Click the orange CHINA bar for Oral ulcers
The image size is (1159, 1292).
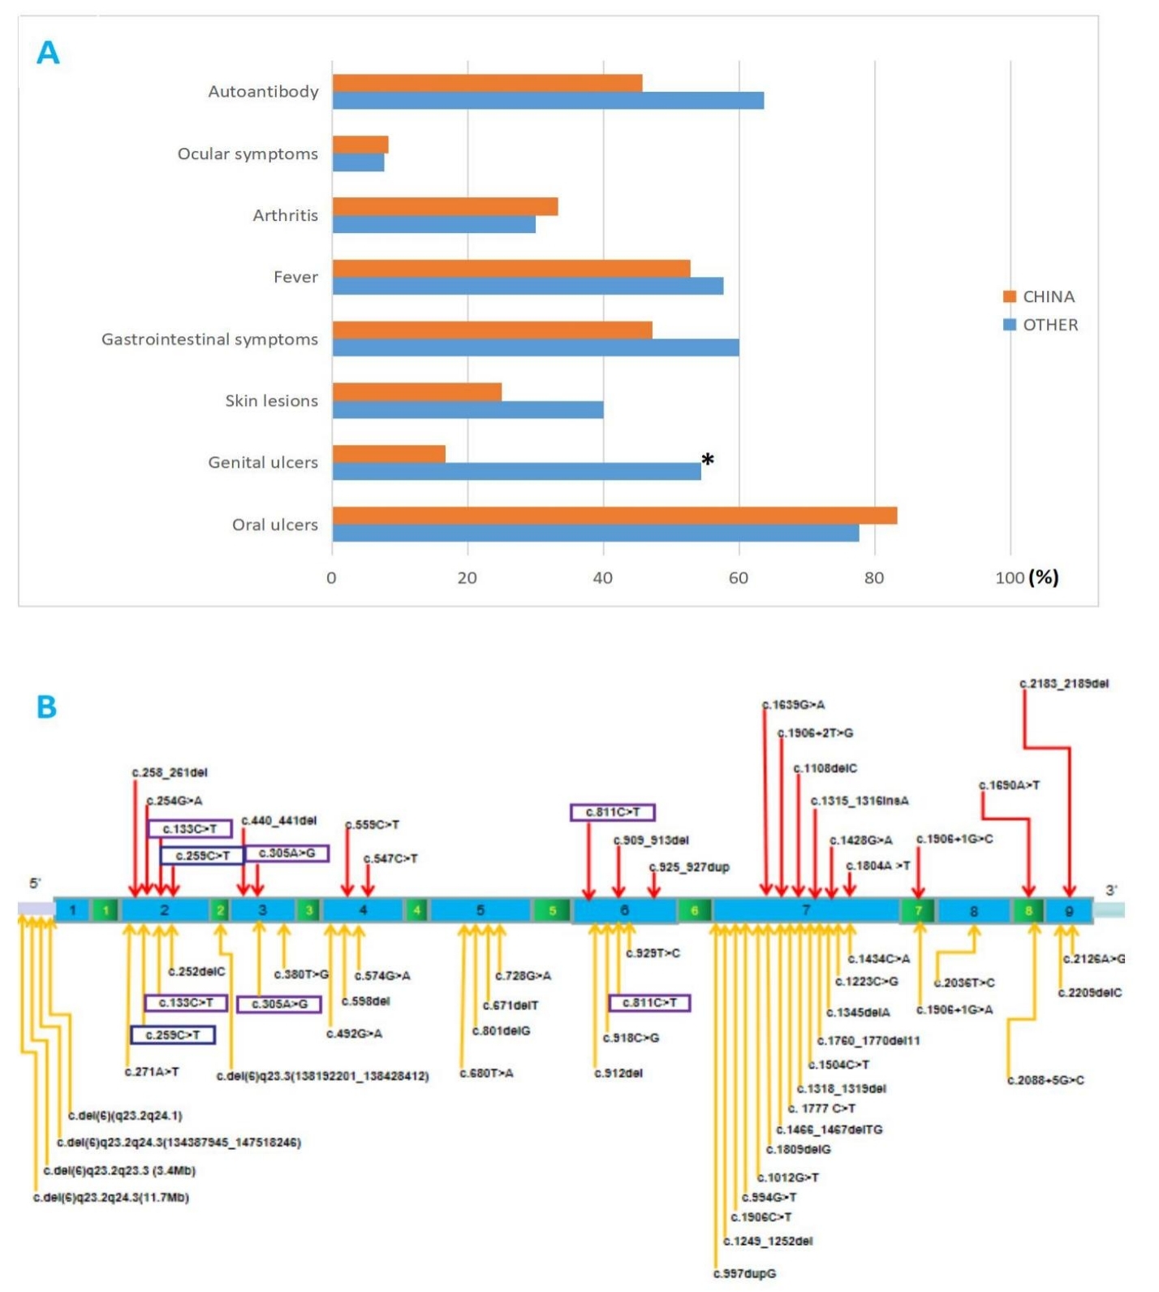(614, 516)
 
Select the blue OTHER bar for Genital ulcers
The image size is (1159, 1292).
(516, 472)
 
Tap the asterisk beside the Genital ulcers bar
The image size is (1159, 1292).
(708, 460)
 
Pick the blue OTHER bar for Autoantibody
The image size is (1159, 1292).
(548, 101)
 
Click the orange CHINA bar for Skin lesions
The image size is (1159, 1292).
(416, 392)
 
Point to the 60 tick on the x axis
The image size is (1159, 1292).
(738, 578)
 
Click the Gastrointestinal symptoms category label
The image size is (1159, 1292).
(209, 339)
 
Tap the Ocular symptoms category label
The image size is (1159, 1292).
(248, 154)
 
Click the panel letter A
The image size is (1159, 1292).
(48, 53)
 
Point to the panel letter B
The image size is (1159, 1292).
(46, 707)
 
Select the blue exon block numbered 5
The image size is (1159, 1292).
(480, 910)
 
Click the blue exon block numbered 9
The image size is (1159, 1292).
(1068, 911)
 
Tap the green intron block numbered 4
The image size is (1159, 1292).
(416, 910)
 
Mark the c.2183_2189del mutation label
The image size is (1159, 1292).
(1064, 684)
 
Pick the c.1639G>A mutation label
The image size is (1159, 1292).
(794, 705)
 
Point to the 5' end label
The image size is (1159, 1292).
(35, 884)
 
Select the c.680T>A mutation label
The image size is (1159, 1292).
(486, 1074)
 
